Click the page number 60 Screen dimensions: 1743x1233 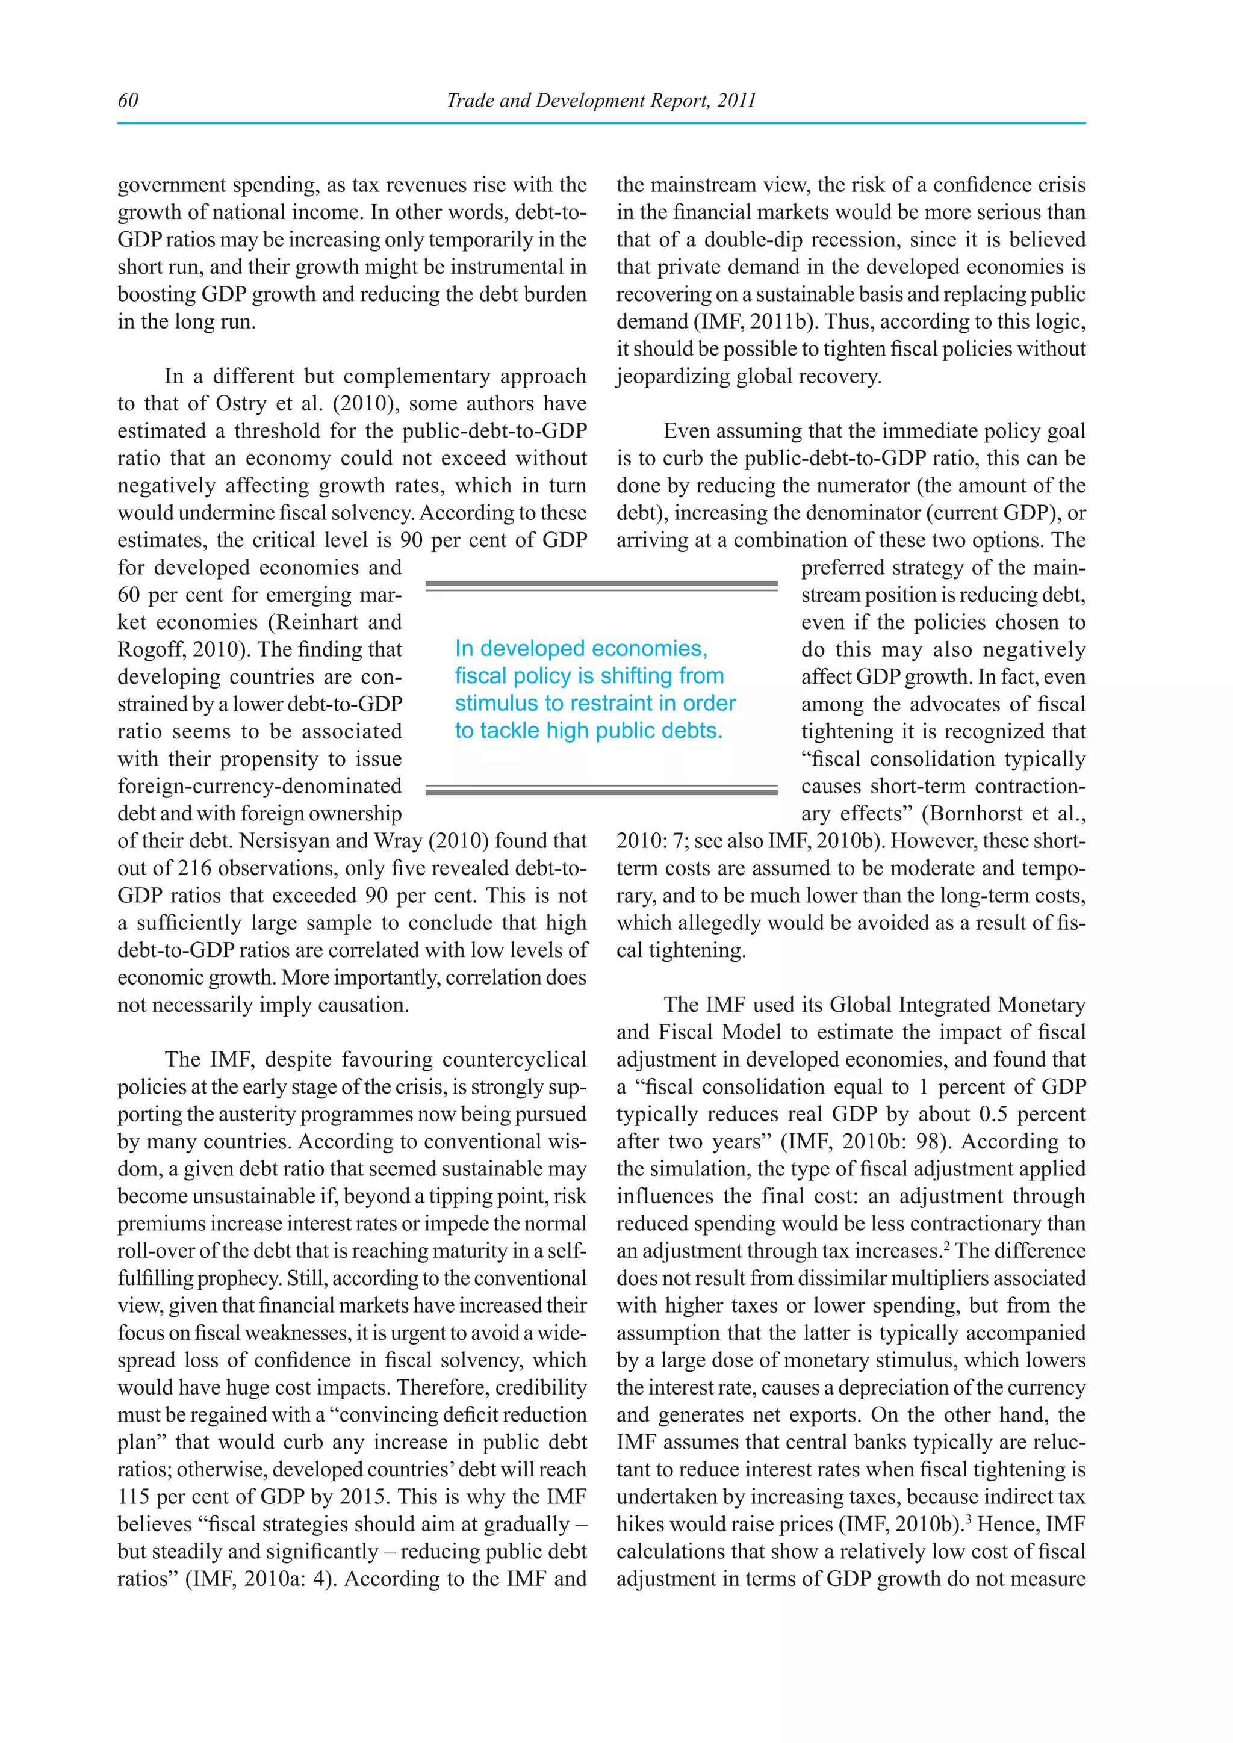[x=128, y=100]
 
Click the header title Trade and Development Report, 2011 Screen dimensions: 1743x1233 [x=601, y=100]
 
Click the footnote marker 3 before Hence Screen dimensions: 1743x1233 [x=968, y=1519]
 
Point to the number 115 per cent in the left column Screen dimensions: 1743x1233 [x=134, y=1497]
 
